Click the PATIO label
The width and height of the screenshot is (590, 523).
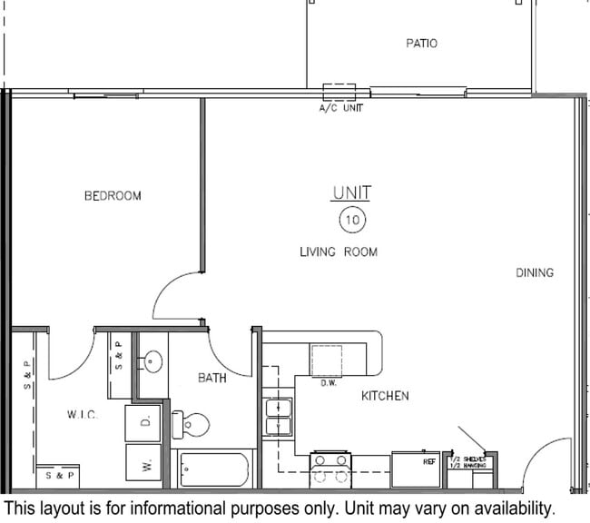pos(421,43)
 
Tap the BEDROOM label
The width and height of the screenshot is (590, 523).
pos(113,195)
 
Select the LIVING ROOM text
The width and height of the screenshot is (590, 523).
pos(339,252)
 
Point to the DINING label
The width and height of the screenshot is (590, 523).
pos(535,272)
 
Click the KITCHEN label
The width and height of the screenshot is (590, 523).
pos(385,396)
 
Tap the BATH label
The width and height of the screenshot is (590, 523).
pos(212,378)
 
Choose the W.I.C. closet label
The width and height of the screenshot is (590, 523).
pos(82,415)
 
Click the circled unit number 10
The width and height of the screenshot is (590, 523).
pos(351,220)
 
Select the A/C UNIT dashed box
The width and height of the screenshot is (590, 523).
pos(339,92)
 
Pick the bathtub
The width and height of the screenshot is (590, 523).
pos(215,469)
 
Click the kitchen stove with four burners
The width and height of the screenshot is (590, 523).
pos(330,471)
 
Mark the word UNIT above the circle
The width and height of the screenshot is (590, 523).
pos(351,193)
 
